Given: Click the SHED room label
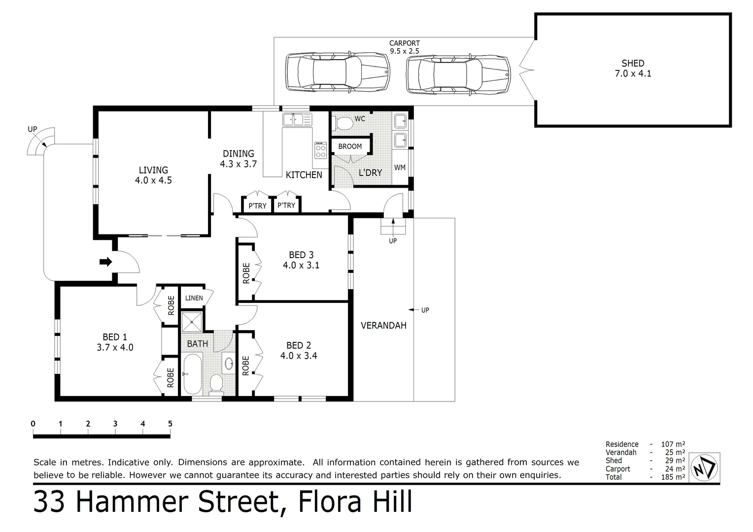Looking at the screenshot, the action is (633, 63).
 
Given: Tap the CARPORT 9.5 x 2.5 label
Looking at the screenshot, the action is (405, 47).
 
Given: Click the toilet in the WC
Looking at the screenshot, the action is (342, 123).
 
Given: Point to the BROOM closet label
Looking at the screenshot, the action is (350, 146).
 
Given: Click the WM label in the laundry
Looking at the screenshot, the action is (400, 167).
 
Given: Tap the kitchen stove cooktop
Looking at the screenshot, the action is (320, 150).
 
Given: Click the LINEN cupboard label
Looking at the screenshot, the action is (194, 298).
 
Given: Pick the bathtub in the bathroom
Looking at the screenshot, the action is (192, 373).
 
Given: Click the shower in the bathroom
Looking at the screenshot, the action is (192, 322).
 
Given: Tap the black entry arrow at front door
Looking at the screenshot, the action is (105, 262).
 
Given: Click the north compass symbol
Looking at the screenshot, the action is (704, 467).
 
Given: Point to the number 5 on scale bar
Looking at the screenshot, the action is (170, 424).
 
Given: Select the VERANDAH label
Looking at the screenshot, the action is (383, 325).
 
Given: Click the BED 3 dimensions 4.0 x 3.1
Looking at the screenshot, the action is (301, 265).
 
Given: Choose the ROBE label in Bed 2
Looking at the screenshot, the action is (246, 366).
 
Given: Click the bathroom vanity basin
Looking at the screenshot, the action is (229, 364).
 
